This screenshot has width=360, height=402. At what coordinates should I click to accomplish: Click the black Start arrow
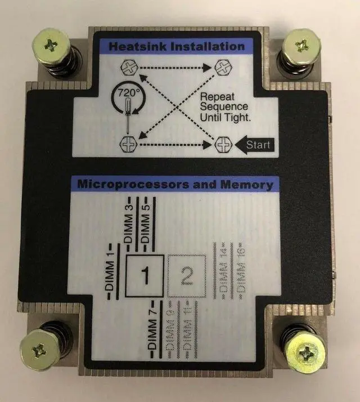point(254,145)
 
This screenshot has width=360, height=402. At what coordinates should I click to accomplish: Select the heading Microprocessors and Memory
point(175,184)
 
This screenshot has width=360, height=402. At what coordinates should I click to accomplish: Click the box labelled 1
point(145,276)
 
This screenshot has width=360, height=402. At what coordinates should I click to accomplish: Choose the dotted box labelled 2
point(188,276)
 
